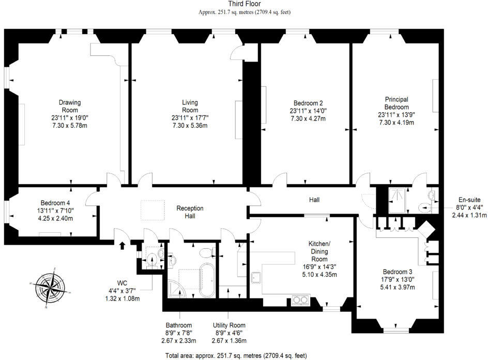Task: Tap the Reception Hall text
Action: point(190,212)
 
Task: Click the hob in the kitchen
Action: point(300,299)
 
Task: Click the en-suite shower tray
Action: point(399,200)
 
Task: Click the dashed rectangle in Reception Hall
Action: point(153,210)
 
